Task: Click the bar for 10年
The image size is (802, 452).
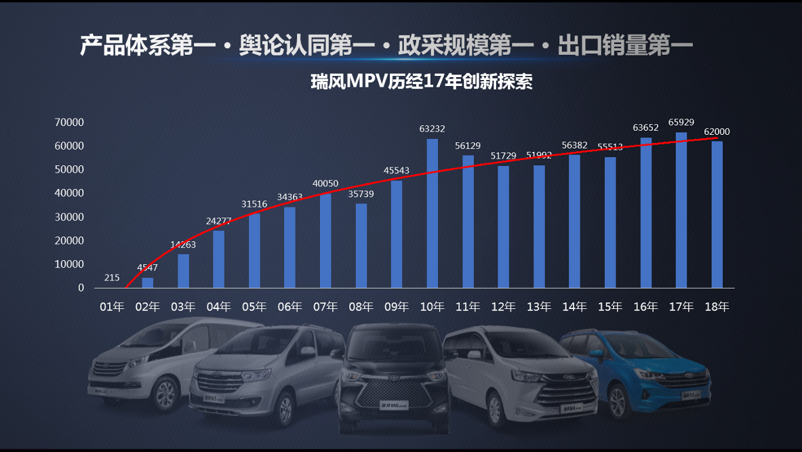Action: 432,213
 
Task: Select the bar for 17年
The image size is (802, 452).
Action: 681,210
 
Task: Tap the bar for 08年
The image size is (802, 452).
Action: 361,245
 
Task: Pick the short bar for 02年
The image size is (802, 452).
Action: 147,283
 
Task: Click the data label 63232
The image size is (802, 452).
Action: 432,129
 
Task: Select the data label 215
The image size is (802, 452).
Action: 112,278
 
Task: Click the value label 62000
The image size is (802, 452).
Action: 717,131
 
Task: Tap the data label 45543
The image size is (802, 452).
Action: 396,171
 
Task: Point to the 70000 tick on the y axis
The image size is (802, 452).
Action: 70,123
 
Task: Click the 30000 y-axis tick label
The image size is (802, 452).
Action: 70,217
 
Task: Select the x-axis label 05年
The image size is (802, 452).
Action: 254,307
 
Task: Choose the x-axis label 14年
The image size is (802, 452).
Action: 574,307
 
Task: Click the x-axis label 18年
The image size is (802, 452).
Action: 717,307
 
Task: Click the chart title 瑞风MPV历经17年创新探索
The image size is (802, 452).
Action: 421,82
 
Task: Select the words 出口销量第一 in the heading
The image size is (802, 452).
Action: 624,45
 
